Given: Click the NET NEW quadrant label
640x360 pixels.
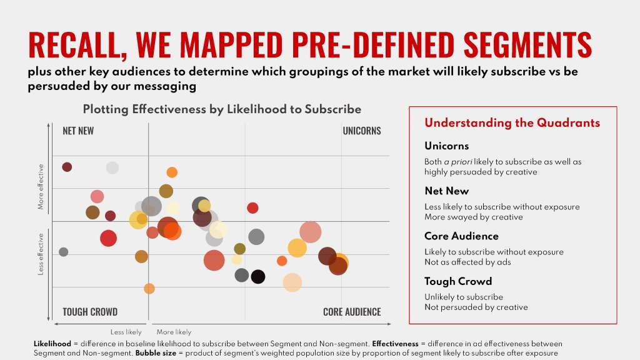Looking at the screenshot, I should point(78,131).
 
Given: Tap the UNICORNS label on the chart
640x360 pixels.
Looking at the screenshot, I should point(361,131).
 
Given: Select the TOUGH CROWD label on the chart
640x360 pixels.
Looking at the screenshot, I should point(90,312).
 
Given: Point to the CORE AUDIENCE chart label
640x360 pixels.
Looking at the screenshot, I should point(351,312).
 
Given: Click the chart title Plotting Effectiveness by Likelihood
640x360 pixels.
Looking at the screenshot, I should point(222,109).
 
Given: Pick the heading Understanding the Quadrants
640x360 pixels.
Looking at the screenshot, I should point(512,123).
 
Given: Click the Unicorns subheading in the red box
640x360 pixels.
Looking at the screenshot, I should point(446,146).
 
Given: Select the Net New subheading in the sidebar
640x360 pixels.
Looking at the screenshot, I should point(446,191).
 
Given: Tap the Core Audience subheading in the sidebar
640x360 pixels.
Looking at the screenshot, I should point(461,236).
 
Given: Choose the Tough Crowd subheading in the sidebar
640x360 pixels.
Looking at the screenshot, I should point(457,281).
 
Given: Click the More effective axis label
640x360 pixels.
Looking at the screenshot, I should point(41,187).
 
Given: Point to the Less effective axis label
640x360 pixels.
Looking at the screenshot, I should point(41,254).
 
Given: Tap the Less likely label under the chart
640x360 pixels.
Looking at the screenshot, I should point(126,332).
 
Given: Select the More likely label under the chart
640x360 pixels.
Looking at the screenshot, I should point(174,332).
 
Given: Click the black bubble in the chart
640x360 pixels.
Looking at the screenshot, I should point(258,277).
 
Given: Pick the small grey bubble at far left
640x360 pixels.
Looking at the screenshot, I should point(63,252).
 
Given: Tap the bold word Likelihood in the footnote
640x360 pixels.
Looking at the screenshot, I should point(53,344).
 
